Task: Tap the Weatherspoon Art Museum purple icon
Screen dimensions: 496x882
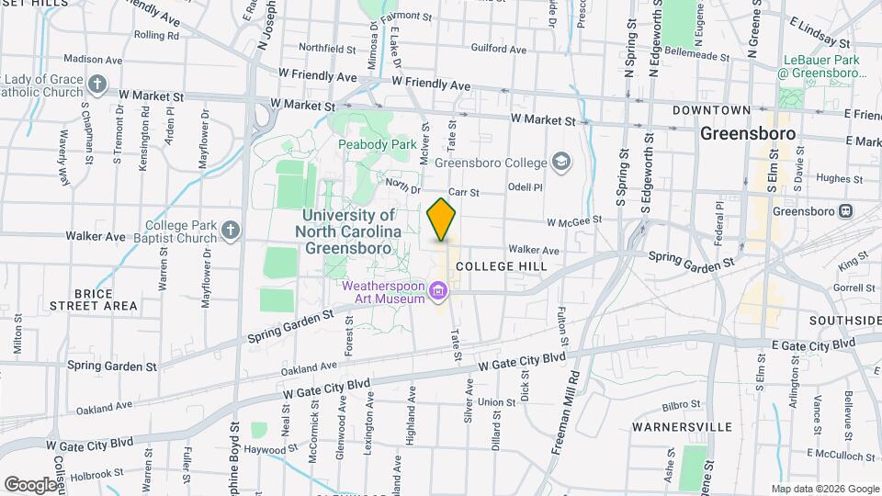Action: click(x=439, y=293)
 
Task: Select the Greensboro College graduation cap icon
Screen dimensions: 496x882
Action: click(x=560, y=163)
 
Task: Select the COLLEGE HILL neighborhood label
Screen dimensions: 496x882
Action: click(x=501, y=266)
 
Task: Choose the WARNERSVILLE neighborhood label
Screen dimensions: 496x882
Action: click(x=682, y=427)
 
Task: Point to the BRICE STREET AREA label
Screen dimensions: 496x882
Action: click(x=94, y=299)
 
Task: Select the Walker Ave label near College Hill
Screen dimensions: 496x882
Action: click(x=534, y=250)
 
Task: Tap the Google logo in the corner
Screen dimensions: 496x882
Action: click(x=30, y=484)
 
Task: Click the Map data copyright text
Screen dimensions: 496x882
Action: click(x=824, y=489)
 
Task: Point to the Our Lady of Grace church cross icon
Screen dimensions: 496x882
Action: click(x=98, y=86)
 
